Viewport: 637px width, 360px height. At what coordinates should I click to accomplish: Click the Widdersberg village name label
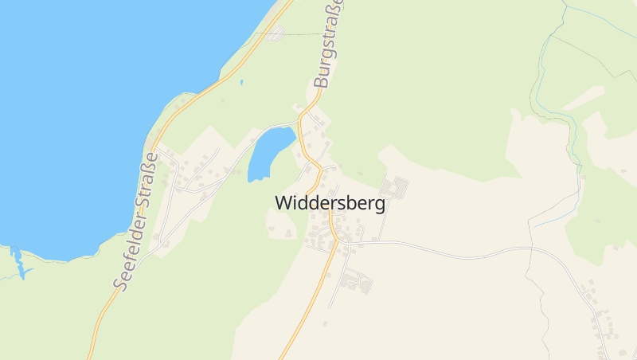pos(330,203)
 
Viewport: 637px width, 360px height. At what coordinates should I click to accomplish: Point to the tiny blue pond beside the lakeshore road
pos(241,81)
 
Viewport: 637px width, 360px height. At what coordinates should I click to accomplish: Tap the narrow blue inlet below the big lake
pos(18,263)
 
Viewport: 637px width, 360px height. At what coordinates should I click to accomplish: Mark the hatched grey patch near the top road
pos(276,33)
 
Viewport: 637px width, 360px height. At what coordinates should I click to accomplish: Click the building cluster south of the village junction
pos(355,280)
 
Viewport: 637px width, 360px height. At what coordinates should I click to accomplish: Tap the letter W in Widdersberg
pos(283,203)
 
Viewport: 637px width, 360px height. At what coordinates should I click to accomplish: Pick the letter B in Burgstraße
pos(321,79)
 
